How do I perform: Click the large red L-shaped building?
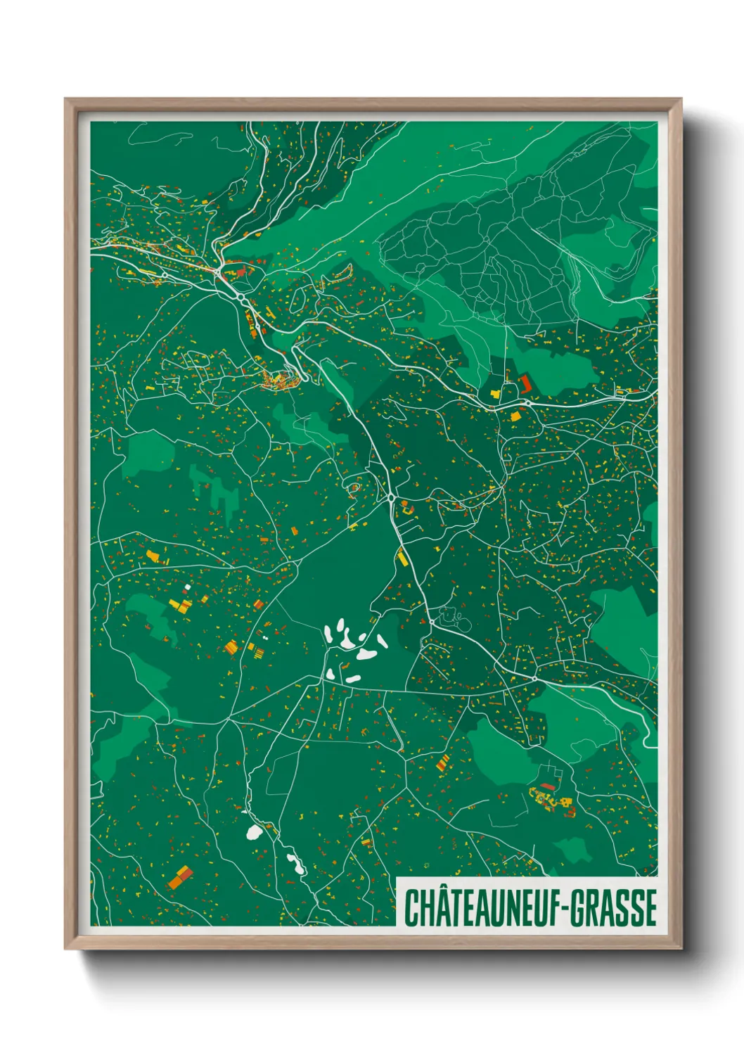(x=525, y=384)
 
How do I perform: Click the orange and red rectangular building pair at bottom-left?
(x=180, y=877)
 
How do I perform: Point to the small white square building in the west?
(x=188, y=587)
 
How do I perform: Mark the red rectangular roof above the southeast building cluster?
(x=548, y=786)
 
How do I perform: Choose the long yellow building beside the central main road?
(x=402, y=558)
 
